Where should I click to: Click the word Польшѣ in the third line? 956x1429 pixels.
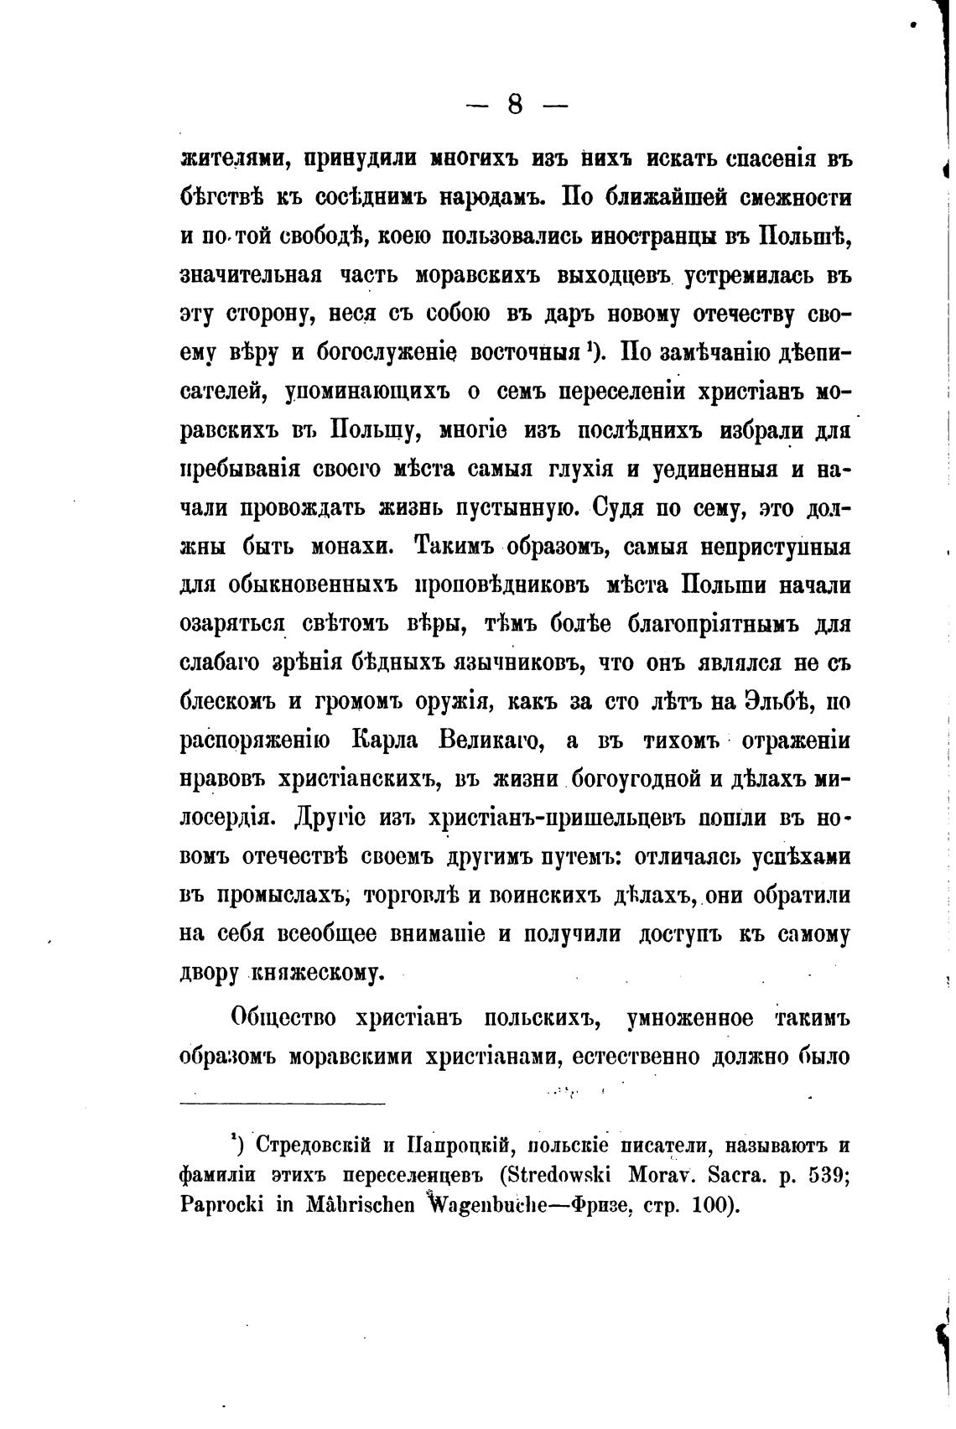(x=805, y=236)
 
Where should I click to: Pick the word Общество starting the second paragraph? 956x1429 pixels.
(x=284, y=1018)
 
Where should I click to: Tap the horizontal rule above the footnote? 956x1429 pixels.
(x=283, y=1104)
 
